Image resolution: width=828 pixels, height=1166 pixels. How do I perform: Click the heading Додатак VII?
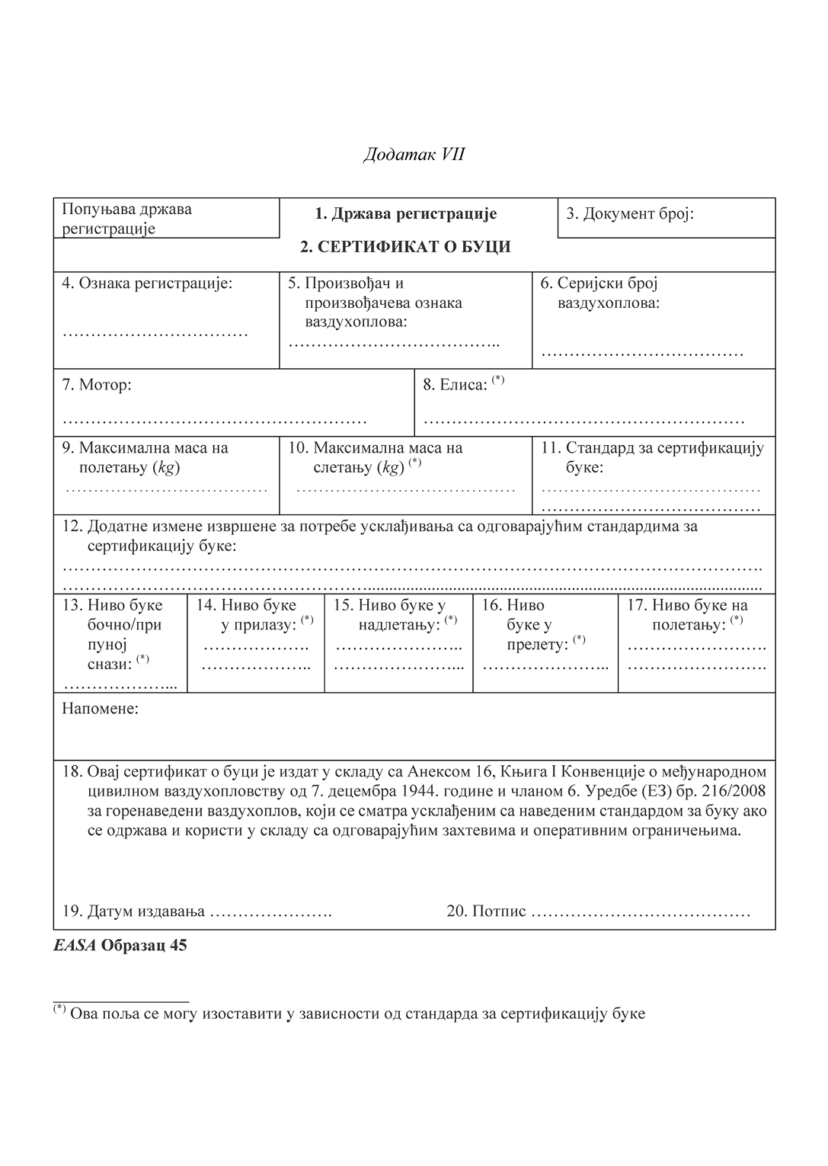414,155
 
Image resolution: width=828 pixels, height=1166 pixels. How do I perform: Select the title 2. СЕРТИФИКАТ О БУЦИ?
405,247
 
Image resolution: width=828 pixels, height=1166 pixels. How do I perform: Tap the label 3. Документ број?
630,213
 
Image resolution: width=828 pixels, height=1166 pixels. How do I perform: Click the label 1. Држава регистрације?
406,213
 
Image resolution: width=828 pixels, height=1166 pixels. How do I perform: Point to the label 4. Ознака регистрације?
147,283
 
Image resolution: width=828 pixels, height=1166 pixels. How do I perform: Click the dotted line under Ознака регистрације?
155,333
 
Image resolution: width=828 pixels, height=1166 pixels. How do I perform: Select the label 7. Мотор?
97,385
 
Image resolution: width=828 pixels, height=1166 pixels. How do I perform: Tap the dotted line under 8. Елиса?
583,421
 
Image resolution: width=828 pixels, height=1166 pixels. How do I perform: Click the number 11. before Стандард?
551,448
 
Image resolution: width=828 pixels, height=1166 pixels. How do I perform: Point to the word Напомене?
100,709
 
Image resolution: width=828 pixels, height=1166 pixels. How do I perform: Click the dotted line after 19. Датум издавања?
270,911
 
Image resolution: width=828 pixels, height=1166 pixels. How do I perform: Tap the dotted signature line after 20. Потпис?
640,911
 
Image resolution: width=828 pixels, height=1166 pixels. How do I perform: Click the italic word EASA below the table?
75,946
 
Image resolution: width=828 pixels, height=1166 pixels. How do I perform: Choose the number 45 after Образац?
178,946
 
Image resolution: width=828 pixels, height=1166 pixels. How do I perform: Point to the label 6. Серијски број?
599,283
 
